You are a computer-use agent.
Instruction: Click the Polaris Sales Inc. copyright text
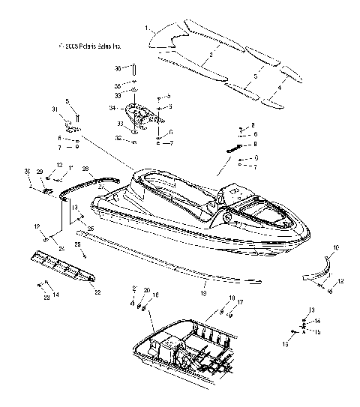coord(89,46)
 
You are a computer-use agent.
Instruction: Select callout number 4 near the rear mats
coord(280,88)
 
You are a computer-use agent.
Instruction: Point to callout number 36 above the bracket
coord(117,68)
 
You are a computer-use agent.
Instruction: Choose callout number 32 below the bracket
coord(117,139)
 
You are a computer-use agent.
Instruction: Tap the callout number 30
coord(28,171)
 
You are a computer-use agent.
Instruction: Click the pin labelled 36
coord(134,70)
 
